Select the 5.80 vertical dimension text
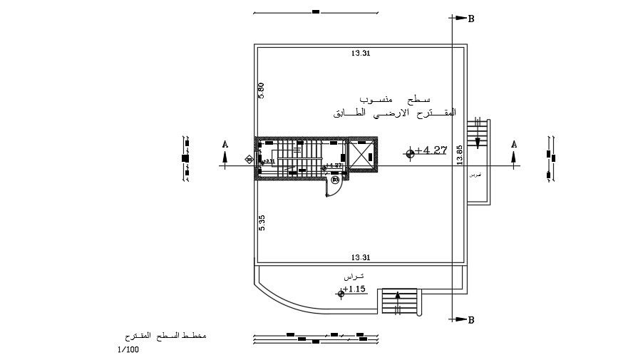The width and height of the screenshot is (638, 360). tap(262, 91)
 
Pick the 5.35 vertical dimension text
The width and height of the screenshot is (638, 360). tap(262, 222)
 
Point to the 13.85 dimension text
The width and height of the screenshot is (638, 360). tap(460, 155)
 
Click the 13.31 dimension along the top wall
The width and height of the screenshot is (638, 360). tap(361, 53)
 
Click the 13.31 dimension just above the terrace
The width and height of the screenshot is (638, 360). tap(361, 257)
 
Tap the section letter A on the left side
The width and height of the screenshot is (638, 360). tap(225, 145)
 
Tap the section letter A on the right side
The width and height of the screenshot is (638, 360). tap(514, 145)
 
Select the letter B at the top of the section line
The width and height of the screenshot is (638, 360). tap(470, 20)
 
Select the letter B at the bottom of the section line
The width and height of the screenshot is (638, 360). tap(470, 321)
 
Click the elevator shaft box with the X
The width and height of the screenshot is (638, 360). tap(361, 156)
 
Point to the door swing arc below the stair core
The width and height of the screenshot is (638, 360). tap(335, 187)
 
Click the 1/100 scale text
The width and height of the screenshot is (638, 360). tap(129, 349)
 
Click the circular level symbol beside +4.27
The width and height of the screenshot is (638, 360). tap(410, 153)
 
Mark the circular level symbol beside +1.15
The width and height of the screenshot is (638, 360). tap(341, 292)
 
